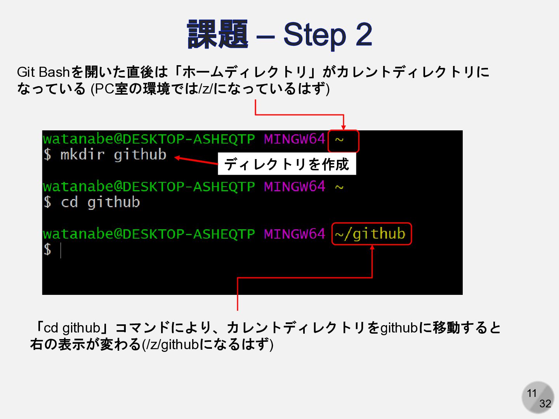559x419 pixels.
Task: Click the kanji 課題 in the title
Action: (x=217, y=35)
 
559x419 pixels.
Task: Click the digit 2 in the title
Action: (x=363, y=35)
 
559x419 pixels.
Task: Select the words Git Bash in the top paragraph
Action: (x=43, y=72)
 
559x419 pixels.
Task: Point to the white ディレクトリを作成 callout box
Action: (x=286, y=164)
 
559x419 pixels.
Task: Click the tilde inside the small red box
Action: (x=339, y=140)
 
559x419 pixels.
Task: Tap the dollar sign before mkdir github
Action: (x=47, y=155)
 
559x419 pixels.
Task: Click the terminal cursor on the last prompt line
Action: (x=61, y=250)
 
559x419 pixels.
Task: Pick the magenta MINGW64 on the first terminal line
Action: (x=294, y=139)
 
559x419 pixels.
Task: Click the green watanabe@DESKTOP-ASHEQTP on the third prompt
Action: (x=149, y=234)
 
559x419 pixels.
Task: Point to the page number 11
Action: (x=531, y=393)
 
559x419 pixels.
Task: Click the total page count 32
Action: (x=545, y=404)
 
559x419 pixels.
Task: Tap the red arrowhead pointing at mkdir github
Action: (x=177, y=158)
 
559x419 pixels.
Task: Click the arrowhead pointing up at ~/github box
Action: (x=372, y=248)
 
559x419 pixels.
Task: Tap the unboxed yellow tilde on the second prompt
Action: (x=339, y=187)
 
